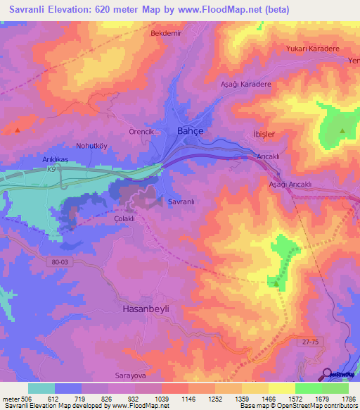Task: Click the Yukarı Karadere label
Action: pos(312,49)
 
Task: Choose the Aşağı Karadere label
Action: pos(247,83)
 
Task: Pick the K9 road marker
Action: pos(51,169)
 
